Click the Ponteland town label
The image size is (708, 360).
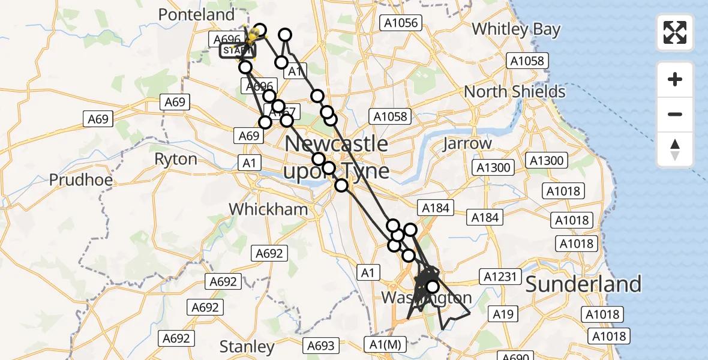pyautogui.click(x=197, y=14)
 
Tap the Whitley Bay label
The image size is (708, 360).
pyautogui.click(x=516, y=29)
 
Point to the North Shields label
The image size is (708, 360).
pyautogui.click(x=515, y=92)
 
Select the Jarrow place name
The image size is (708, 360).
pyautogui.click(x=467, y=144)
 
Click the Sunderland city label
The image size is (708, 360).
pyautogui.click(x=583, y=284)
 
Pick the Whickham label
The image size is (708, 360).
pyautogui.click(x=268, y=209)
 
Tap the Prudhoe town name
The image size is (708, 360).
pyautogui.click(x=81, y=179)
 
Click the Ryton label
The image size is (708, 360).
pyautogui.click(x=175, y=159)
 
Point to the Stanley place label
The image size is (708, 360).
pyautogui.click(x=247, y=346)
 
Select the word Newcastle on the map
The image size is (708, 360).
pyautogui.click(x=336, y=144)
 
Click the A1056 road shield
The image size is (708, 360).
pyautogui.click(x=402, y=23)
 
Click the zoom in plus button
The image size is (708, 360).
pyautogui.click(x=675, y=79)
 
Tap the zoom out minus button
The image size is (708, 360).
pyautogui.click(x=675, y=114)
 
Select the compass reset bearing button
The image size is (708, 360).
pyautogui.click(x=675, y=149)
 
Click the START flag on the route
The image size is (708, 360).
pyautogui.click(x=237, y=51)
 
